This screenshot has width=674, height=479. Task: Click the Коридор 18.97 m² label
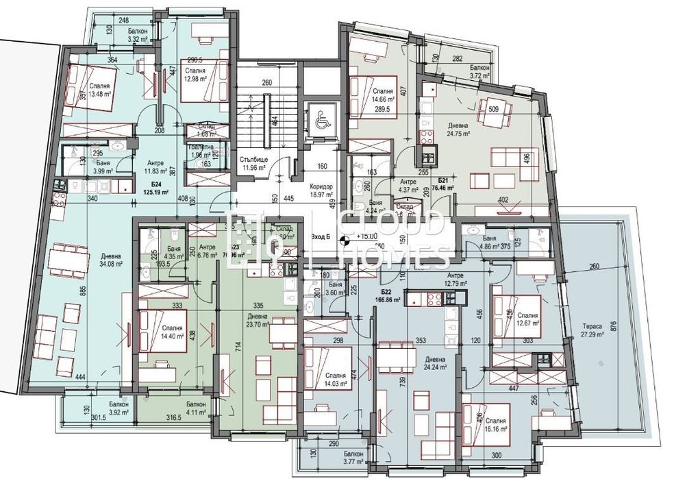321,191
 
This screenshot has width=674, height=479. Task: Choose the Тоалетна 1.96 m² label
201,151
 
